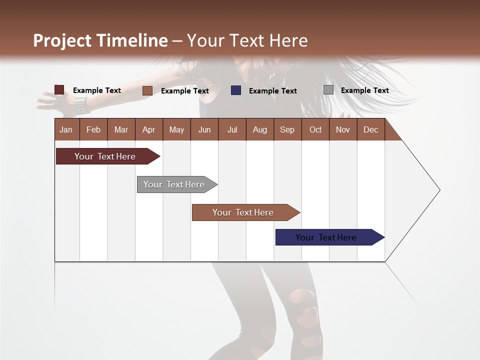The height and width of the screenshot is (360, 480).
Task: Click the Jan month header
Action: tap(66, 129)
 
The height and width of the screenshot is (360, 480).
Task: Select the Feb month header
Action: tap(93, 129)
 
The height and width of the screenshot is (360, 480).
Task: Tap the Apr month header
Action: tap(148, 129)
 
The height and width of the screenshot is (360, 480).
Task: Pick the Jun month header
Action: tap(204, 129)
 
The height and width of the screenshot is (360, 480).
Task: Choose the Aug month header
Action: tap(259, 129)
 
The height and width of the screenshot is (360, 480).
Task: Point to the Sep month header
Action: tap(287, 129)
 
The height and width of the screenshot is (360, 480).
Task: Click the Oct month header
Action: tap(315, 129)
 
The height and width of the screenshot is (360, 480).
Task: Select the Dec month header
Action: tap(370, 129)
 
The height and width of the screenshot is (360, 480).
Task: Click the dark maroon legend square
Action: tap(59, 90)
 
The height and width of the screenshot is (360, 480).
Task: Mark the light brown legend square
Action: tap(147, 90)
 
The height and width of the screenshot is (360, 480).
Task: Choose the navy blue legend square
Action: tap(236, 90)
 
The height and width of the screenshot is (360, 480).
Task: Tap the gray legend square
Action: tap(328, 90)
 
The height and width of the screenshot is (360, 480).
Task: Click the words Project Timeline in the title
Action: tap(100, 40)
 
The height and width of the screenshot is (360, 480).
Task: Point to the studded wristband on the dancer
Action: tap(80, 105)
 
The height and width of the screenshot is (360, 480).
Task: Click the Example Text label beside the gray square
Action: tap(364, 90)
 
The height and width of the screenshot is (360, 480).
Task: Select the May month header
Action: tap(176, 129)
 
